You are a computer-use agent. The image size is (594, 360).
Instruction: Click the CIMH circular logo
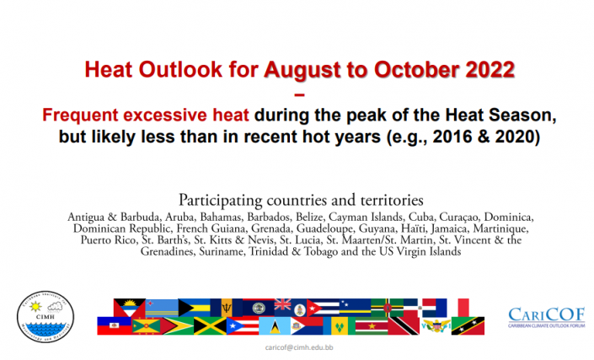click(x=45, y=317)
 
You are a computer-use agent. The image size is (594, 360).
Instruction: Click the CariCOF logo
click(x=547, y=318)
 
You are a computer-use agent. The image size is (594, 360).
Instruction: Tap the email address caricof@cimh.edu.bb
click(x=299, y=347)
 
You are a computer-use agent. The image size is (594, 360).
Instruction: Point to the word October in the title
click(x=417, y=70)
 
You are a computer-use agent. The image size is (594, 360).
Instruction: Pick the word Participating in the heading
click(x=220, y=200)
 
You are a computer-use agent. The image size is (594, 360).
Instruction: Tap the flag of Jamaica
click(x=210, y=326)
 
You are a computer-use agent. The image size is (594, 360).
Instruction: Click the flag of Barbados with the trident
click(x=227, y=308)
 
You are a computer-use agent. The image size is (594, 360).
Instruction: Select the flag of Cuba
click(x=323, y=308)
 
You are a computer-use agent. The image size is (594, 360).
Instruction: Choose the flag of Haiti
click(x=114, y=326)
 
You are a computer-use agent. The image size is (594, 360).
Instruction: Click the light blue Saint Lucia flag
click(x=275, y=326)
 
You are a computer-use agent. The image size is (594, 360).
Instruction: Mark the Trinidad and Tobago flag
click(x=404, y=326)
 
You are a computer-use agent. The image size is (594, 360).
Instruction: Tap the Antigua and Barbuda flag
click(x=129, y=308)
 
